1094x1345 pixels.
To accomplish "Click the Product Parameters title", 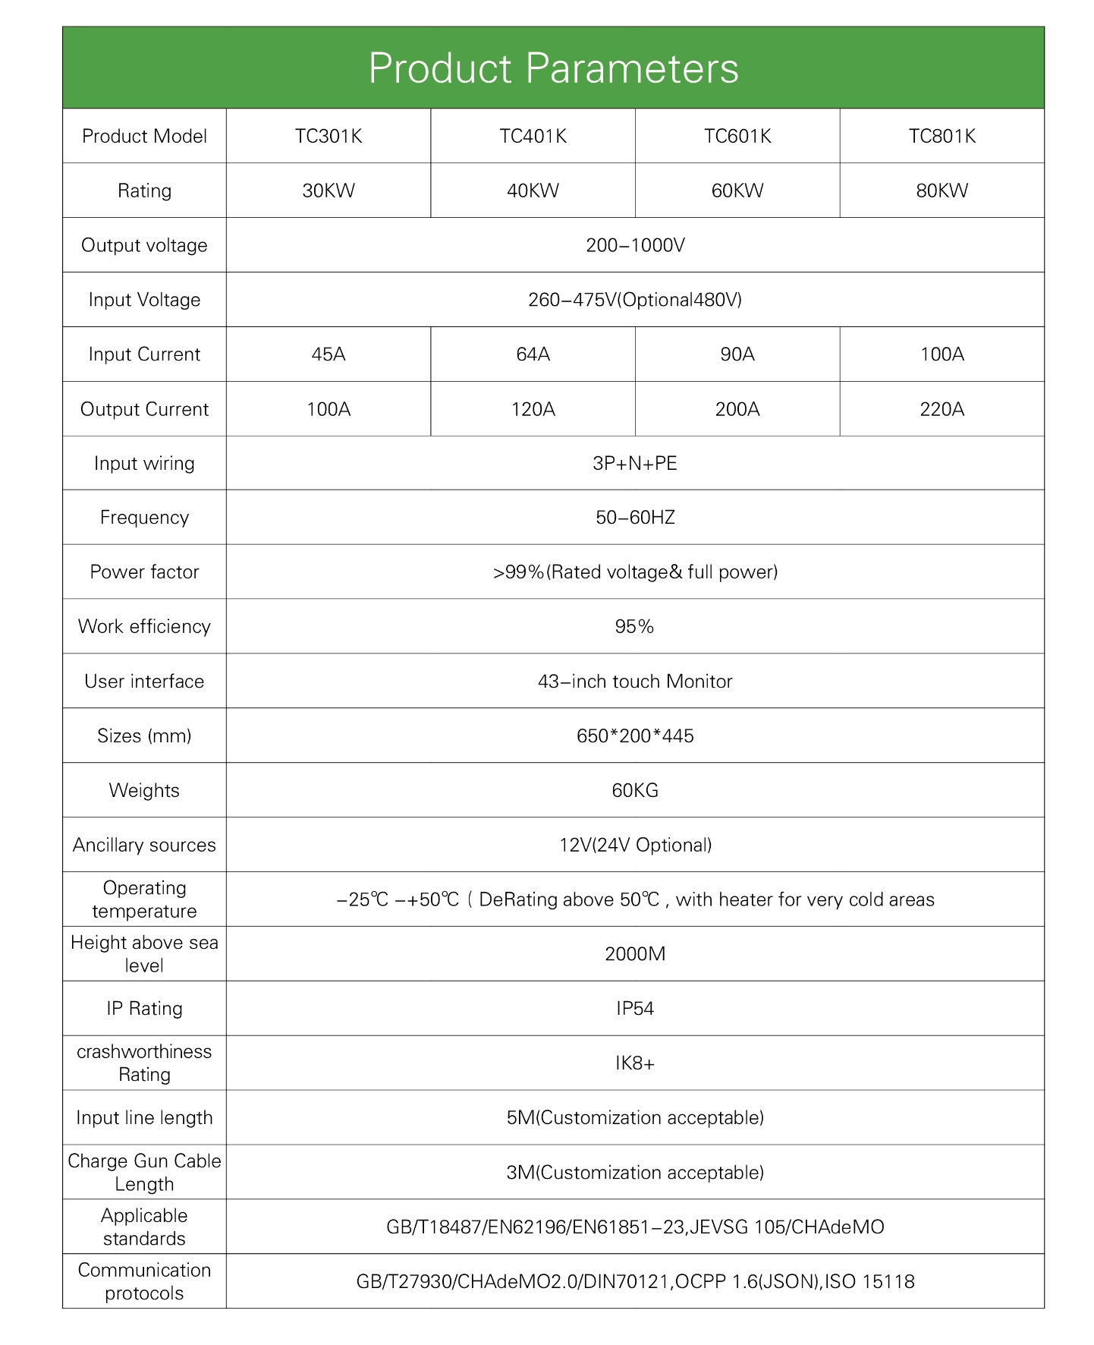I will (x=553, y=68).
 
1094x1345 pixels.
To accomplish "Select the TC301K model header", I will (x=328, y=137).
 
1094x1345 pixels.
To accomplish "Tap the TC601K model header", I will (x=737, y=137).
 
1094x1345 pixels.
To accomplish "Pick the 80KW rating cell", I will (x=942, y=191).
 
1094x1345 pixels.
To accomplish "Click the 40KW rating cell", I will (x=533, y=191).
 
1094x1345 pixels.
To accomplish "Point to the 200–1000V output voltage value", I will (x=635, y=245).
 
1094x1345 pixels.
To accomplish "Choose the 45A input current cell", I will (x=328, y=354).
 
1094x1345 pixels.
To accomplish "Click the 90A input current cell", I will (x=737, y=354).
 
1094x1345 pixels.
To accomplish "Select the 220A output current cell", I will (x=942, y=410).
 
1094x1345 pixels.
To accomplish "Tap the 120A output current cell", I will (x=533, y=410).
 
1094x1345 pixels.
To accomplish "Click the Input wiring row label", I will (x=144, y=464).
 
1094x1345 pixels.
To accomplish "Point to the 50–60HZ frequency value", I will (x=635, y=518).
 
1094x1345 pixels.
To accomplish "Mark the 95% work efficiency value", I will (x=635, y=627).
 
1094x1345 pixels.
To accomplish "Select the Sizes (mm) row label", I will (x=144, y=736).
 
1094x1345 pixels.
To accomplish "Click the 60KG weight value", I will (x=635, y=791).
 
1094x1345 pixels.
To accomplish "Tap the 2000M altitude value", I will (x=635, y=954).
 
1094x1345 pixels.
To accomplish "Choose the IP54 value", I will (x=635, y=1009).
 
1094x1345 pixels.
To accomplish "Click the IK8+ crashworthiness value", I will (x=635, y=1063).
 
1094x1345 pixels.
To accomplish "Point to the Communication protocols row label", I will (x=144, y=1281).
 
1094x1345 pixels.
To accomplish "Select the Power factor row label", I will (x=144, y=572).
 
